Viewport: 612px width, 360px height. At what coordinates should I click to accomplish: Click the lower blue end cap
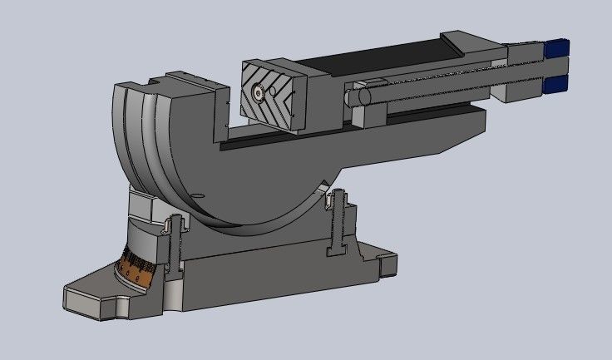point(556,83)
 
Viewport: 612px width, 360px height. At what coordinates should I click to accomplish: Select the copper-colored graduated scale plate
point(134,268)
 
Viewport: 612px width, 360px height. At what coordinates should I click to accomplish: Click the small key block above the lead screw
point(373,81)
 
